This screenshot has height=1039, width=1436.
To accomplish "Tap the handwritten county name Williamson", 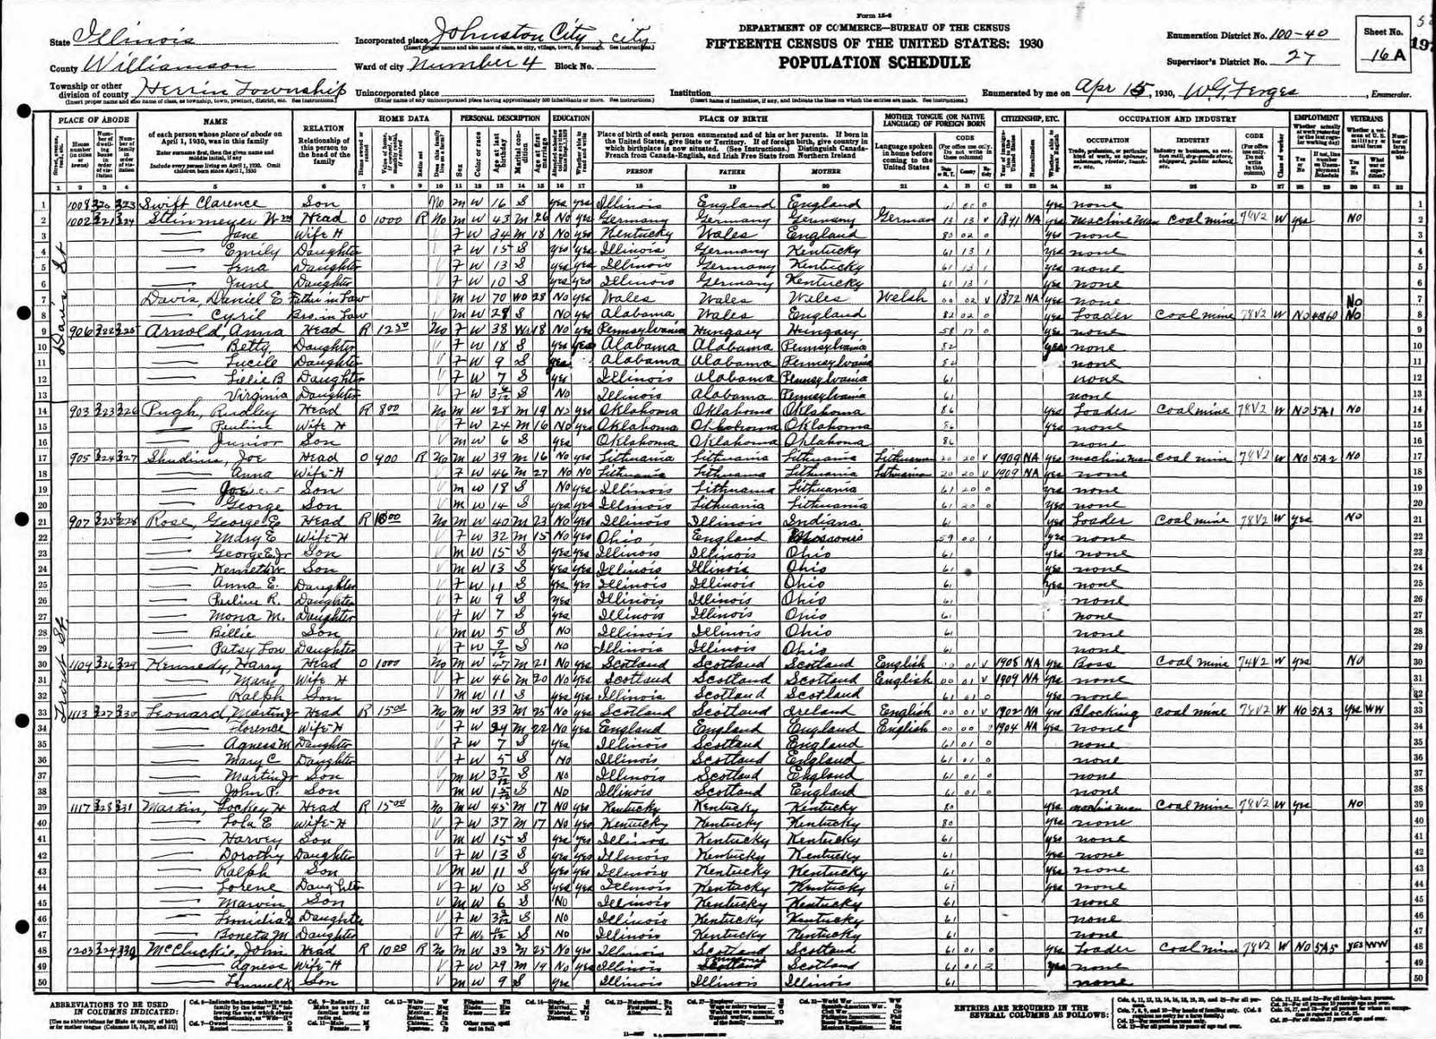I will [x=164, y=63].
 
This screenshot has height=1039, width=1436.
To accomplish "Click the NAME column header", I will [x=215, y=123].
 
